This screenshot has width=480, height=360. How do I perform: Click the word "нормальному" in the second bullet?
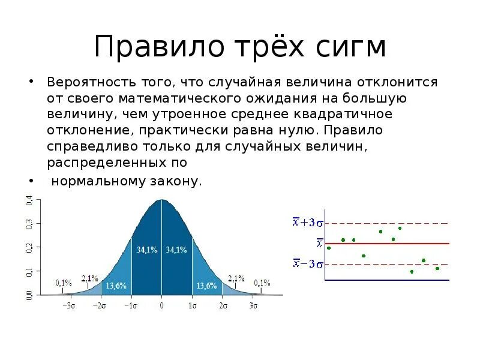pos(89,181)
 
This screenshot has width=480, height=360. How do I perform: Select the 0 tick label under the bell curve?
pos(161,305)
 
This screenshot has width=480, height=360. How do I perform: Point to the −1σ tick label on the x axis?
pos(131,305)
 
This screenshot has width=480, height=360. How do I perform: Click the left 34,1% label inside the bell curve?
pos(147,250)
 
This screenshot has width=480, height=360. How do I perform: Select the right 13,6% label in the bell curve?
pos(206,286)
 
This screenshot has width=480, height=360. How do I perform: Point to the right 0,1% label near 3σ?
pos(262,282)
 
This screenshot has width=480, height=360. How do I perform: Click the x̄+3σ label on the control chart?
pos(308,223)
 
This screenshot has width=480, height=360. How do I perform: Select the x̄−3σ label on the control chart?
pos(308,263)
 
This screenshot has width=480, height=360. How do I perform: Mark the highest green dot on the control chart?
pos(400,228)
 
